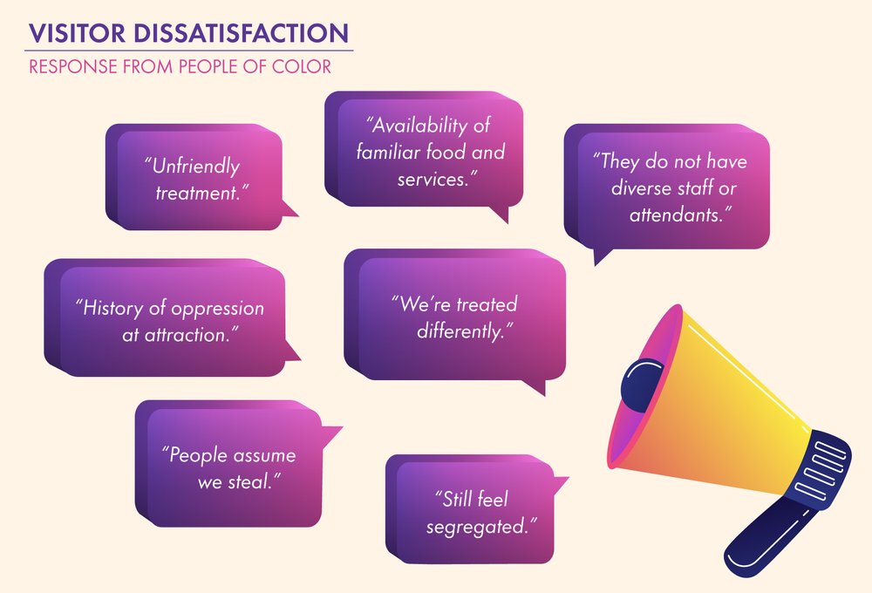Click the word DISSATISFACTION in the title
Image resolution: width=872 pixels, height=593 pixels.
pyautogui.click(x=241, y=33)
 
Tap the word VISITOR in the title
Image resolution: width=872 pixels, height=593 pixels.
pyautogui.click(x=78, y=33)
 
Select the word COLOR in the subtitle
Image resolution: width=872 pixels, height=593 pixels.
pyautogui.click(x=302, y=67)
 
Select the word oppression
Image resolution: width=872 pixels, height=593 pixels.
pyautogui.click(x=217, y=309)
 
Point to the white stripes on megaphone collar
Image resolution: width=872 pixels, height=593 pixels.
pyautogui.click(x=821, y=468)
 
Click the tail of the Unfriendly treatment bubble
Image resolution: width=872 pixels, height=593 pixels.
pyautogui.click(x=289, y=208)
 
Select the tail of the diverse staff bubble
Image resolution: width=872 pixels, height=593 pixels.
pyautogui.click(x=601, y=256)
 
